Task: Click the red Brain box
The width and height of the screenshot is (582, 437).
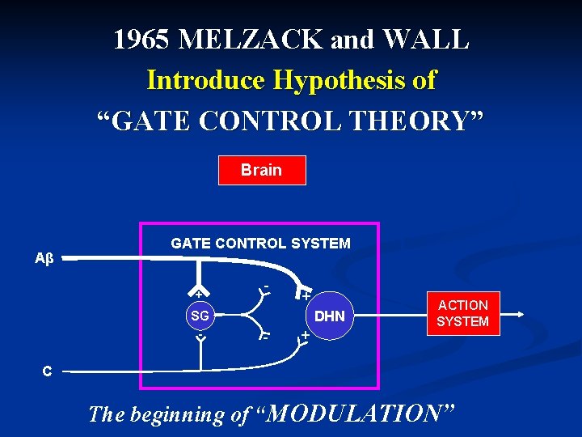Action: [x=262, y=170]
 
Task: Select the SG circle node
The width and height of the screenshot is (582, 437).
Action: [x=199, y=316]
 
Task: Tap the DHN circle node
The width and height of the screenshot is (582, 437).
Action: [x=329, y=316]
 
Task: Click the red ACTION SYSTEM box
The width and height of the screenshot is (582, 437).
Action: [x=462, y=313]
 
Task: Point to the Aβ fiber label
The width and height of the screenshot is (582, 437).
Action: [x=44, y=259]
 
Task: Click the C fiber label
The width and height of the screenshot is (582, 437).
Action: [x=47, y=371]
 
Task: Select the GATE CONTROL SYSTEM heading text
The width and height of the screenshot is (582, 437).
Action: [x=260, y=243]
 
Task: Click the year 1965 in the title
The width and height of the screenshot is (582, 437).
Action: [x=141, y=39]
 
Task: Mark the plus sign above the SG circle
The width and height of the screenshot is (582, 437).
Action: [x=197, y=292]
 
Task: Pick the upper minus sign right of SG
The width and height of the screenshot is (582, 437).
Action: [x=266, y=286]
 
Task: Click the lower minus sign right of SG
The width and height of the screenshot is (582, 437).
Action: [x=264, y=335]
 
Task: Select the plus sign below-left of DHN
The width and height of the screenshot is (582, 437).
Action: [x=305, y=334]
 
